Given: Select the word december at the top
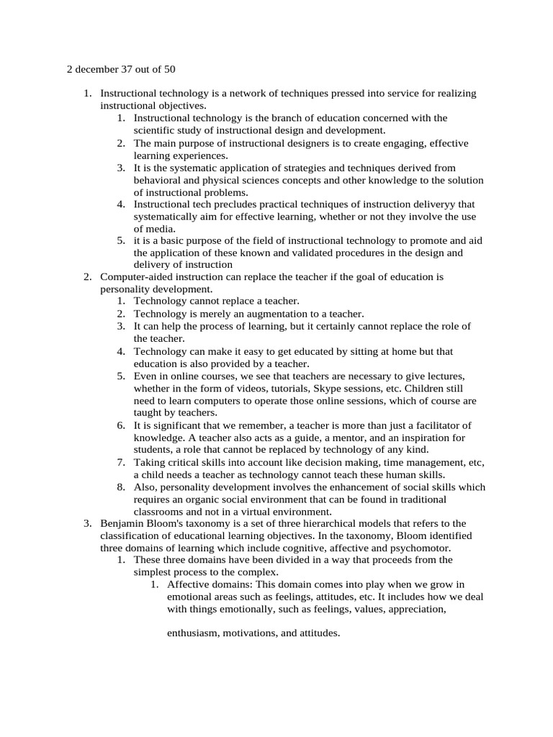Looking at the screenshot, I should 94,70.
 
